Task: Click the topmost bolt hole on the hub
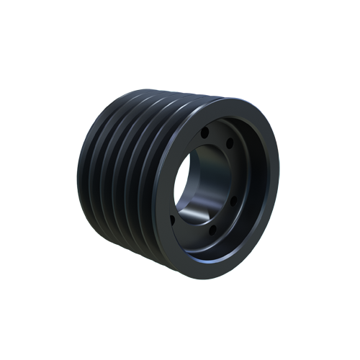[x=205, y=132]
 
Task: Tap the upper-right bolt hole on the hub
[x=230, y=144]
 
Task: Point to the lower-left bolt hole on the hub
[x=171, y=217]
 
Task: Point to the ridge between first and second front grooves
[x=141, y=180]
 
